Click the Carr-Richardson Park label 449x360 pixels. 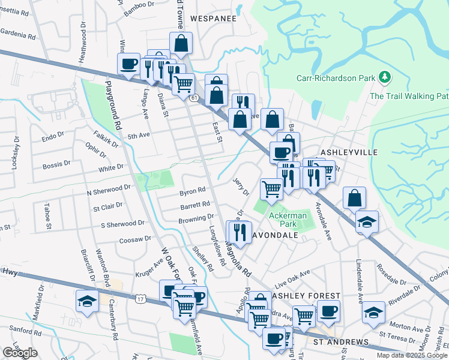[x=336, y=78]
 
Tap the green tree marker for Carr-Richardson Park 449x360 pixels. [x=384, y=77]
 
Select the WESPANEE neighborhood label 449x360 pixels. [x=213, y=19]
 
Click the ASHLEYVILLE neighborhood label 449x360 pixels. [x=349, y=152]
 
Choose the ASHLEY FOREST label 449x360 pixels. [x=306, y=296]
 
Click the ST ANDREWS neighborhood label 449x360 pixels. [x=341, y=342]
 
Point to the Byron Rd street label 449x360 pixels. [x=192, y=193]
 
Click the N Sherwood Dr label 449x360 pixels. [x=109, y=190]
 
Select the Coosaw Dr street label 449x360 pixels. [x=134, y=239]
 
